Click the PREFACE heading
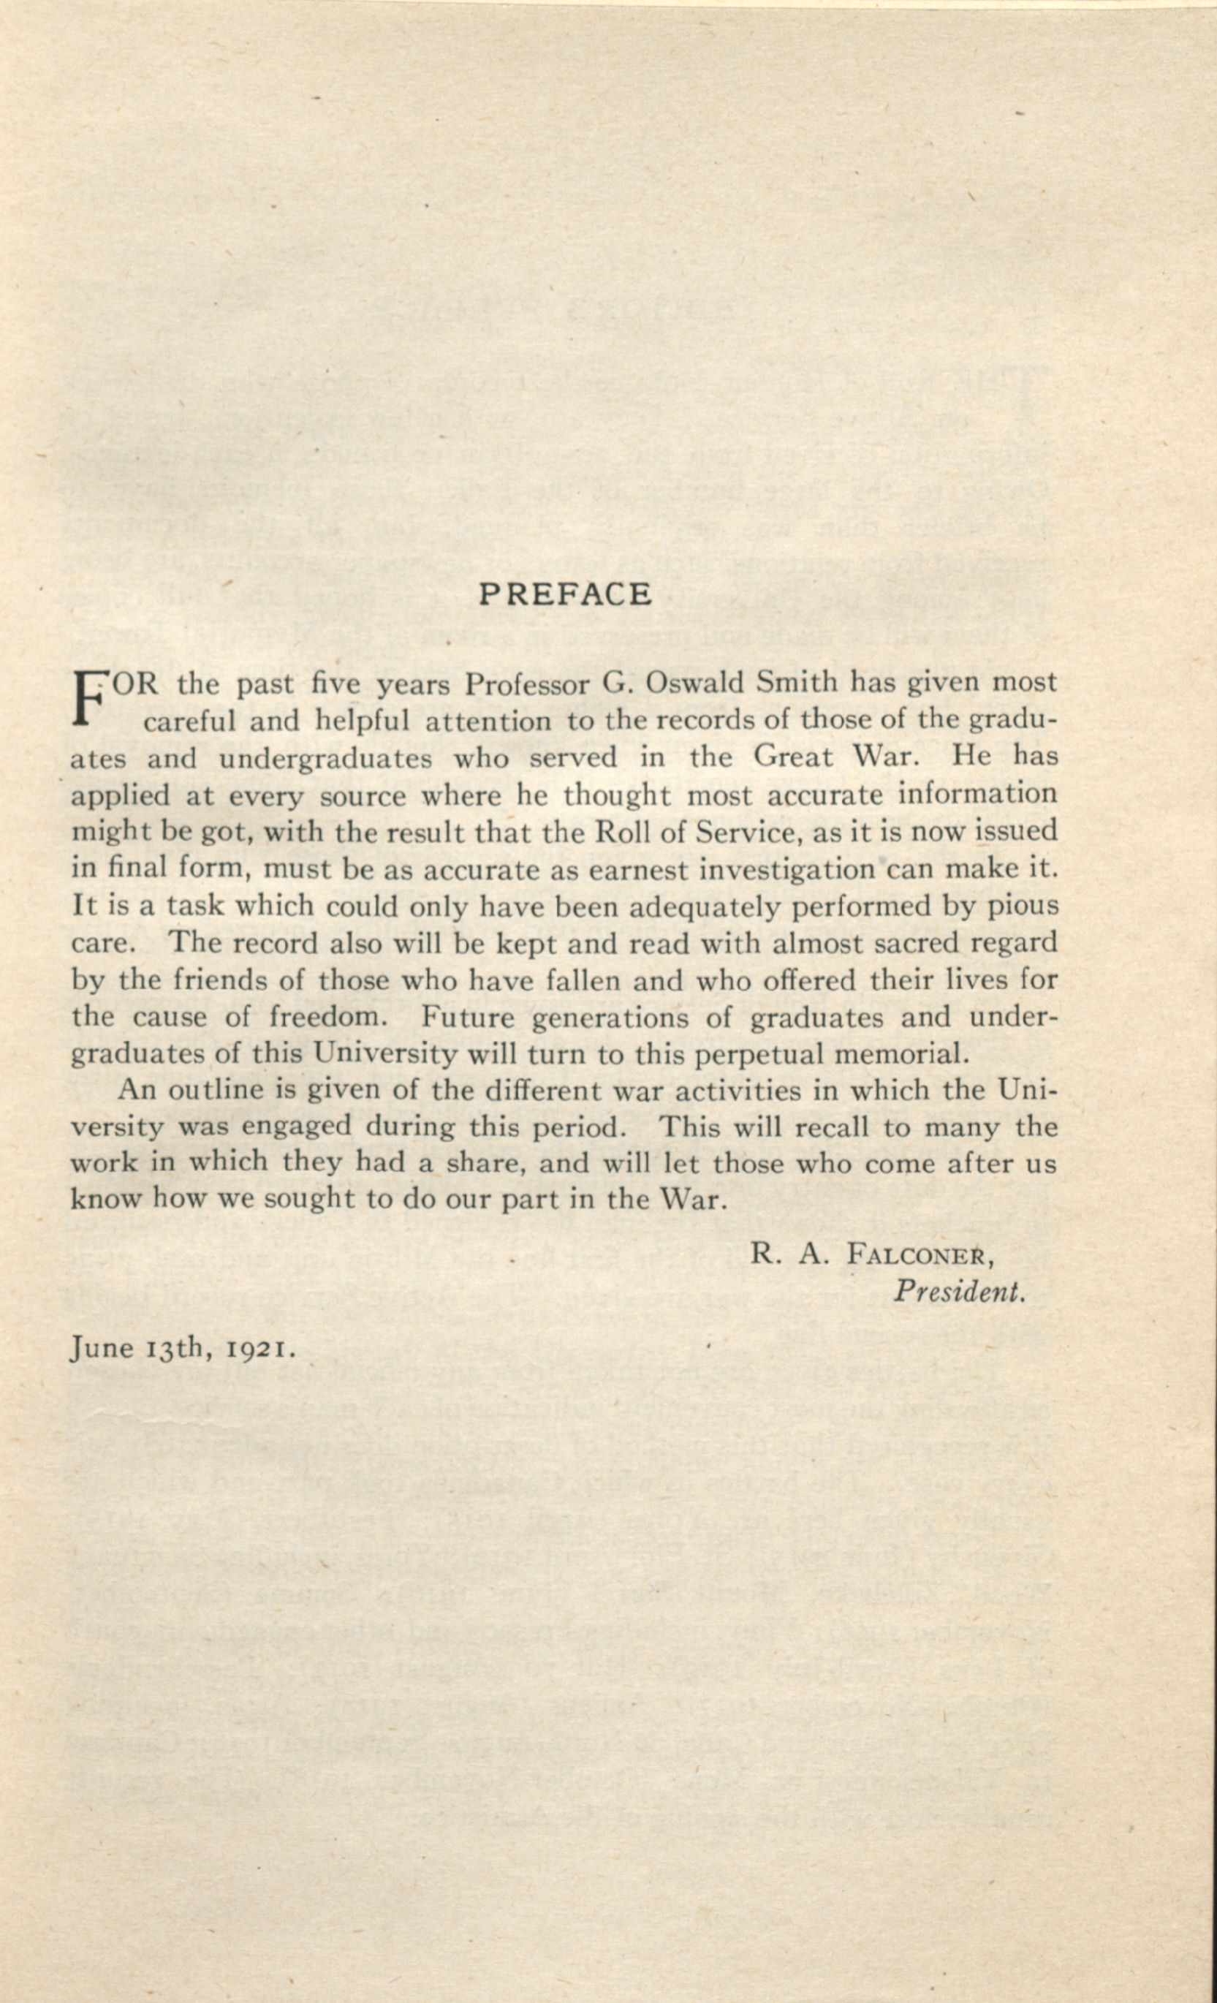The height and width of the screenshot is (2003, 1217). pyautogui.click(x=565, y=594)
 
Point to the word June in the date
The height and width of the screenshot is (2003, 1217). pyautogui.click(x=102, y=1349)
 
